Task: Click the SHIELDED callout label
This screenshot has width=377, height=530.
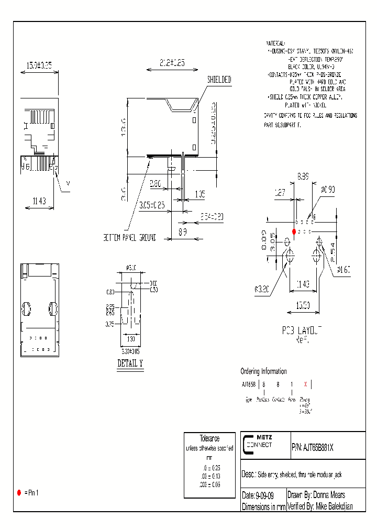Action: tap(219, 80)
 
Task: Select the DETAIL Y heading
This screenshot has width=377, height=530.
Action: tap(130, 363)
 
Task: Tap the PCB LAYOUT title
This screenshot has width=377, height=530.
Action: tap(302, 330)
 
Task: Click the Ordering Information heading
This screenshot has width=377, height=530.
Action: tap(263, 371)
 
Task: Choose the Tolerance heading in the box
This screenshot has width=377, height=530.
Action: tap(209, 438)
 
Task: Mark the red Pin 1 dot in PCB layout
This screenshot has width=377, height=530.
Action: tap(294, 231)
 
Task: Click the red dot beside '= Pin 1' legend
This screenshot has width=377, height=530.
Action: tap(19, 493)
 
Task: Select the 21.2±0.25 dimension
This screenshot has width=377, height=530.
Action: tap(172, 62)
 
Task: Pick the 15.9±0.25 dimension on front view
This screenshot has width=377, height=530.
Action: tap(39, 65)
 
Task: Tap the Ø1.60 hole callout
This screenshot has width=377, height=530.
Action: tap(343, 270)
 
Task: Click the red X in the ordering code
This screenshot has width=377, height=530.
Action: tap(306, 384)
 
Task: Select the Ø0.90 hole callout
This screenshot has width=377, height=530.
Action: tap(328, 189)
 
